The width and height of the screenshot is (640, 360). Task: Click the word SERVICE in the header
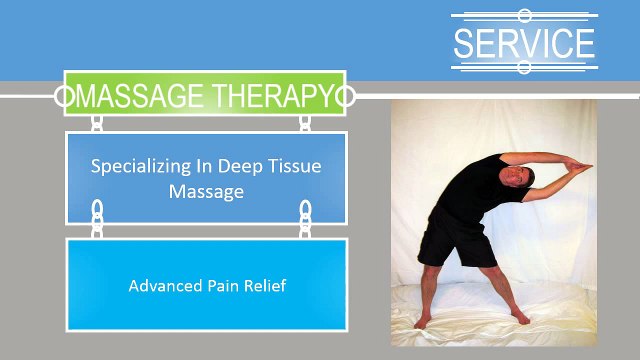(x=523, y=43)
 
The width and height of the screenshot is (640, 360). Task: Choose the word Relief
(x=265, y=286)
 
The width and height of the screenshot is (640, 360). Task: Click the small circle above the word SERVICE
(x=524, y=15)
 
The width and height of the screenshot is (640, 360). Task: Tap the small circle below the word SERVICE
(x=524, y=67)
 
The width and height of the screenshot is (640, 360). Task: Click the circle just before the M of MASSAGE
(x=64, y=97)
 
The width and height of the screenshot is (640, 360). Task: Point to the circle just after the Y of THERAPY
(x=346, y=97)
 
